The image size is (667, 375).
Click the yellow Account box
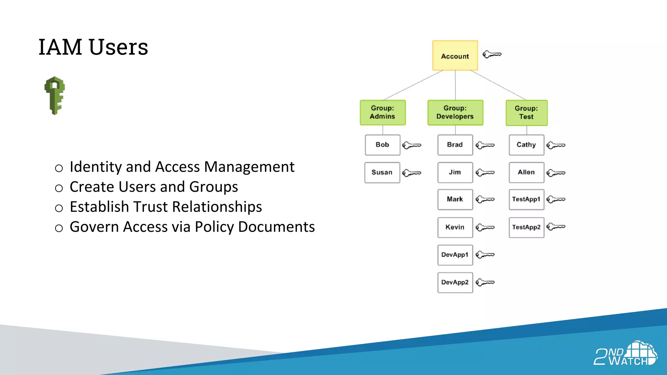click(455, 56)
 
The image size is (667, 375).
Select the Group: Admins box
click(383, 113)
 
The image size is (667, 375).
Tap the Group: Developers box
click(455, 113)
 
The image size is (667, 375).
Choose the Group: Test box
click(526, 113)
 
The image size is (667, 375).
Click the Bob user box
click(382, 145)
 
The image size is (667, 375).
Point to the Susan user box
click(382, 173)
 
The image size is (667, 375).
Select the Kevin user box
click(455, 227)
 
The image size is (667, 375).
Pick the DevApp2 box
click(455, 283)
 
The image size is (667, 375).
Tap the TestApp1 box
click(526, 199)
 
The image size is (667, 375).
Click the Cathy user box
click(526, 145)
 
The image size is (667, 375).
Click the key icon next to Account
click(492, 54)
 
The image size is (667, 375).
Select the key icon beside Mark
click(485, 199)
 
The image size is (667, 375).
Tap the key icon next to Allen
click(556, 173)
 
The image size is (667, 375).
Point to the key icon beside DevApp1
click(485, 255)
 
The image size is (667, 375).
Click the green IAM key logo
click(55, 95)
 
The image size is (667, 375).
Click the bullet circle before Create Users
click(59, 188)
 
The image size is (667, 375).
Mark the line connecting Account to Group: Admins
click(413, 85)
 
